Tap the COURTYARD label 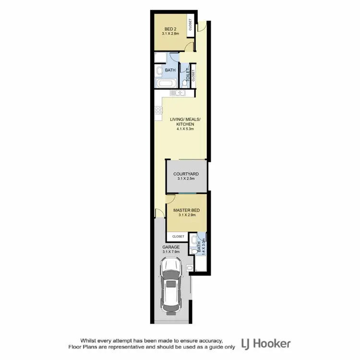[x=186, y=175]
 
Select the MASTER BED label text [x=186, y=210]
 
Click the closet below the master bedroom [x=178, y=237]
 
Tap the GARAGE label [x=170, y=247]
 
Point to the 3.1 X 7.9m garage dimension [x=170, y=252]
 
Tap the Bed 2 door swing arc [x=191, y=47]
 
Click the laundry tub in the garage [x=190, y=267]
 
